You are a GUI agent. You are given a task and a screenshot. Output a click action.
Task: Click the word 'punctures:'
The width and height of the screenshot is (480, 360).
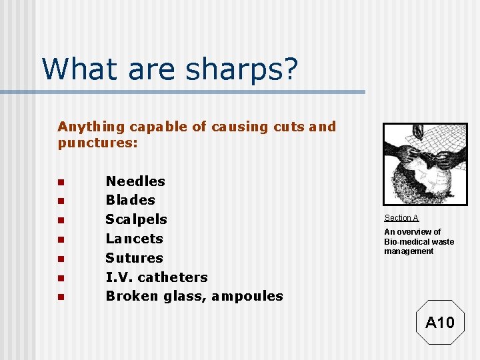[97, 143]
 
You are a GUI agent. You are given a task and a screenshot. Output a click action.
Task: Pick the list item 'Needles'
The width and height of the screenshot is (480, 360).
[135, 181]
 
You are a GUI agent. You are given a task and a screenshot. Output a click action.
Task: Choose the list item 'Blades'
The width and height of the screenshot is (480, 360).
[130, 200]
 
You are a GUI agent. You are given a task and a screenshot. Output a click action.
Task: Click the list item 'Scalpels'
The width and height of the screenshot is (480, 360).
[136, 219]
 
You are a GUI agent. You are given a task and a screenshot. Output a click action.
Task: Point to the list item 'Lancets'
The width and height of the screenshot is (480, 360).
[134, 239]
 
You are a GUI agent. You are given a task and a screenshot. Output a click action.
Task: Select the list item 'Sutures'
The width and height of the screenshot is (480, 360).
[134, 258]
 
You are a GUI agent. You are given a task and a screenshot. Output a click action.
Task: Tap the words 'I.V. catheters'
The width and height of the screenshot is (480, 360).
[157, 277]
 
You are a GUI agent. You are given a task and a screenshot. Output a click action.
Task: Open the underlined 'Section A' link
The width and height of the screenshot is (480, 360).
[401, 218]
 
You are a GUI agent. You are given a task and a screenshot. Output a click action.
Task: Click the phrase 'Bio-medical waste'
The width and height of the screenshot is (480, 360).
[419, 241]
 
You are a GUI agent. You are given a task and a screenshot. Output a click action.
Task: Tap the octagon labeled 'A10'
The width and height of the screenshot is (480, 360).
[439, 323]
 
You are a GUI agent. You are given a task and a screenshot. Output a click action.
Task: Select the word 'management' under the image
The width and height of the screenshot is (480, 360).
[408, 251]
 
